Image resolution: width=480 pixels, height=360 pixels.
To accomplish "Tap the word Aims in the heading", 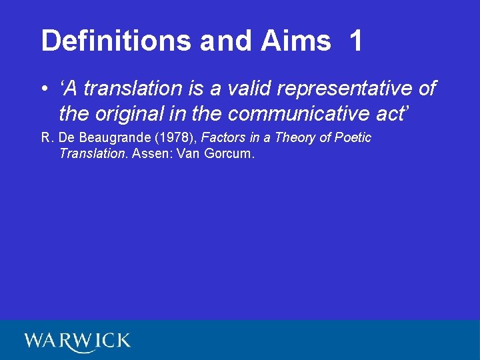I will tap(296, 41).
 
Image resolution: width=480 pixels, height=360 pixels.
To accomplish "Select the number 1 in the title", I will tap(355, 41).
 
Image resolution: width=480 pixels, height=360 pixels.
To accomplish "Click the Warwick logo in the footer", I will tap(77, 341).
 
